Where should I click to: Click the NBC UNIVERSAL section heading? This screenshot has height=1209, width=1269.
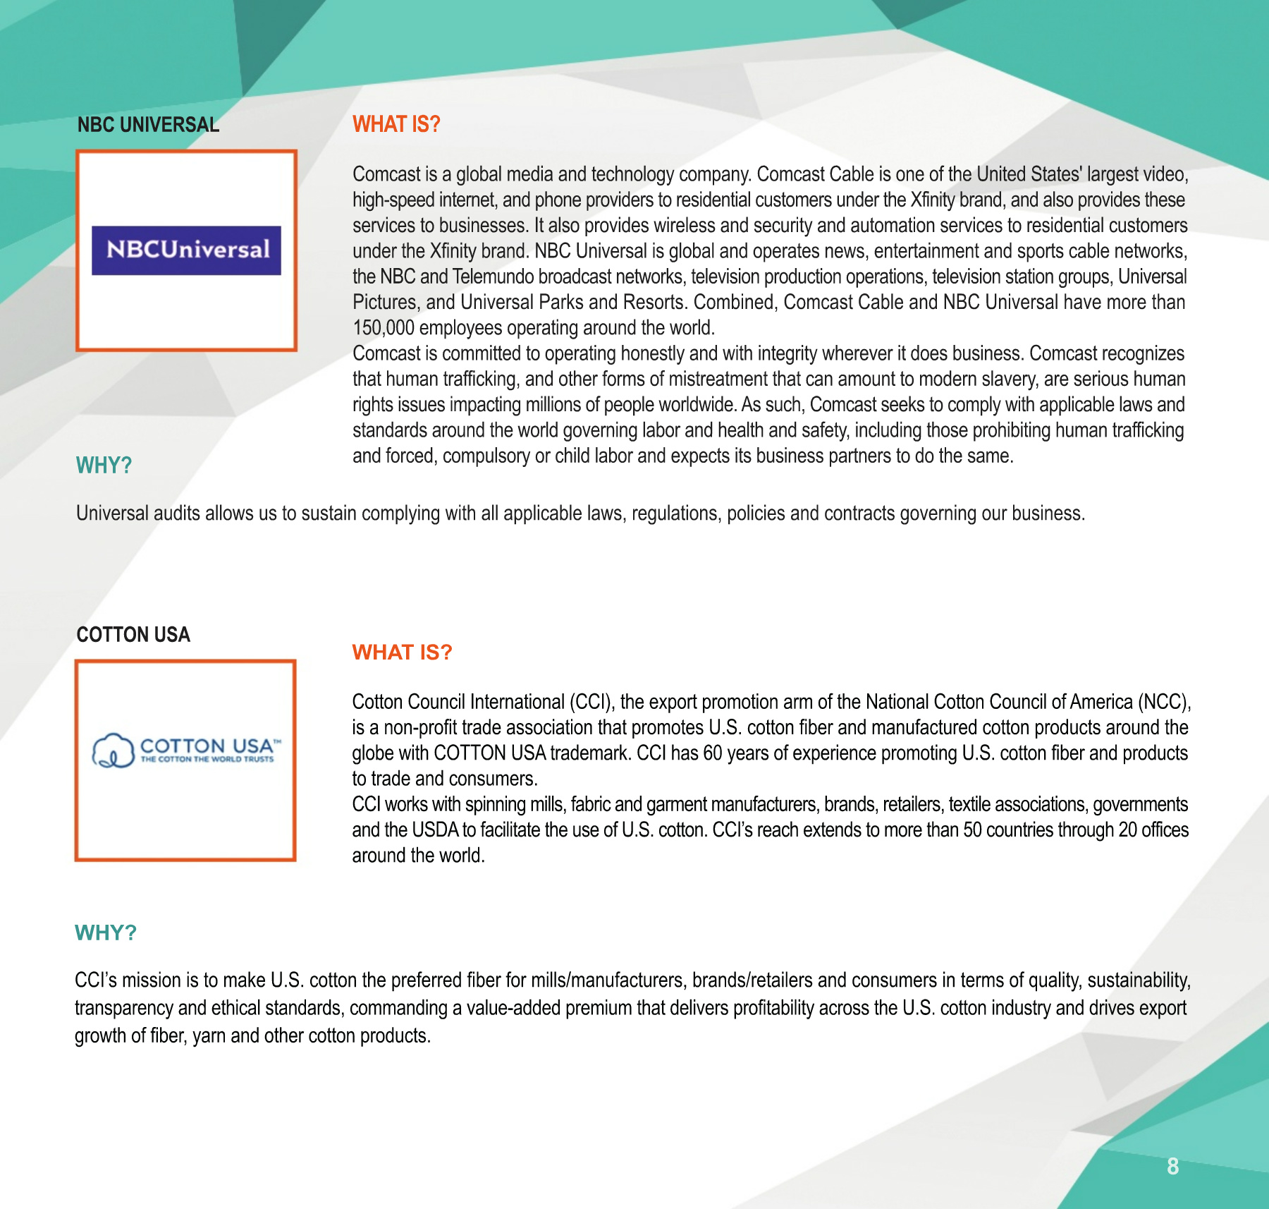[x=148, y=125]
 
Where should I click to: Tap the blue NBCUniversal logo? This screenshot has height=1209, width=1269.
[x=186, y=250]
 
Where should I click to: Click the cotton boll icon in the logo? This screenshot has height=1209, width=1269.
[x=113, y=751]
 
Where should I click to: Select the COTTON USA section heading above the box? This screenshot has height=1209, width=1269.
[x=133, y=635]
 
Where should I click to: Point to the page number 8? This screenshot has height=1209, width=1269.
[x=1172, y=1167]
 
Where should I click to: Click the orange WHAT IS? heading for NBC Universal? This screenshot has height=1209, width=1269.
[x=396, y=124]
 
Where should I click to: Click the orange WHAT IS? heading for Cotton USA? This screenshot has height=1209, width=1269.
[x=402, y=652]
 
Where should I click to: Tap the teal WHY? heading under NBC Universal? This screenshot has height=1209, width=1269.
[x=104, y=466]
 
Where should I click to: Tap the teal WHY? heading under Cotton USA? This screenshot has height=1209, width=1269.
[x=106, y=932]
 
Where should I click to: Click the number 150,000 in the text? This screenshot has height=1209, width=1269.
[x=383, y=328]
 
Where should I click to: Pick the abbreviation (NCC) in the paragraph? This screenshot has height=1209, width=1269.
[x=1164, y=702]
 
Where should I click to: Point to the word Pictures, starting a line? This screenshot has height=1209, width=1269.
[x=385, y=303]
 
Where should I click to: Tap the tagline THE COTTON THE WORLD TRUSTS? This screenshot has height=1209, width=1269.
[x=207, y=760]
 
